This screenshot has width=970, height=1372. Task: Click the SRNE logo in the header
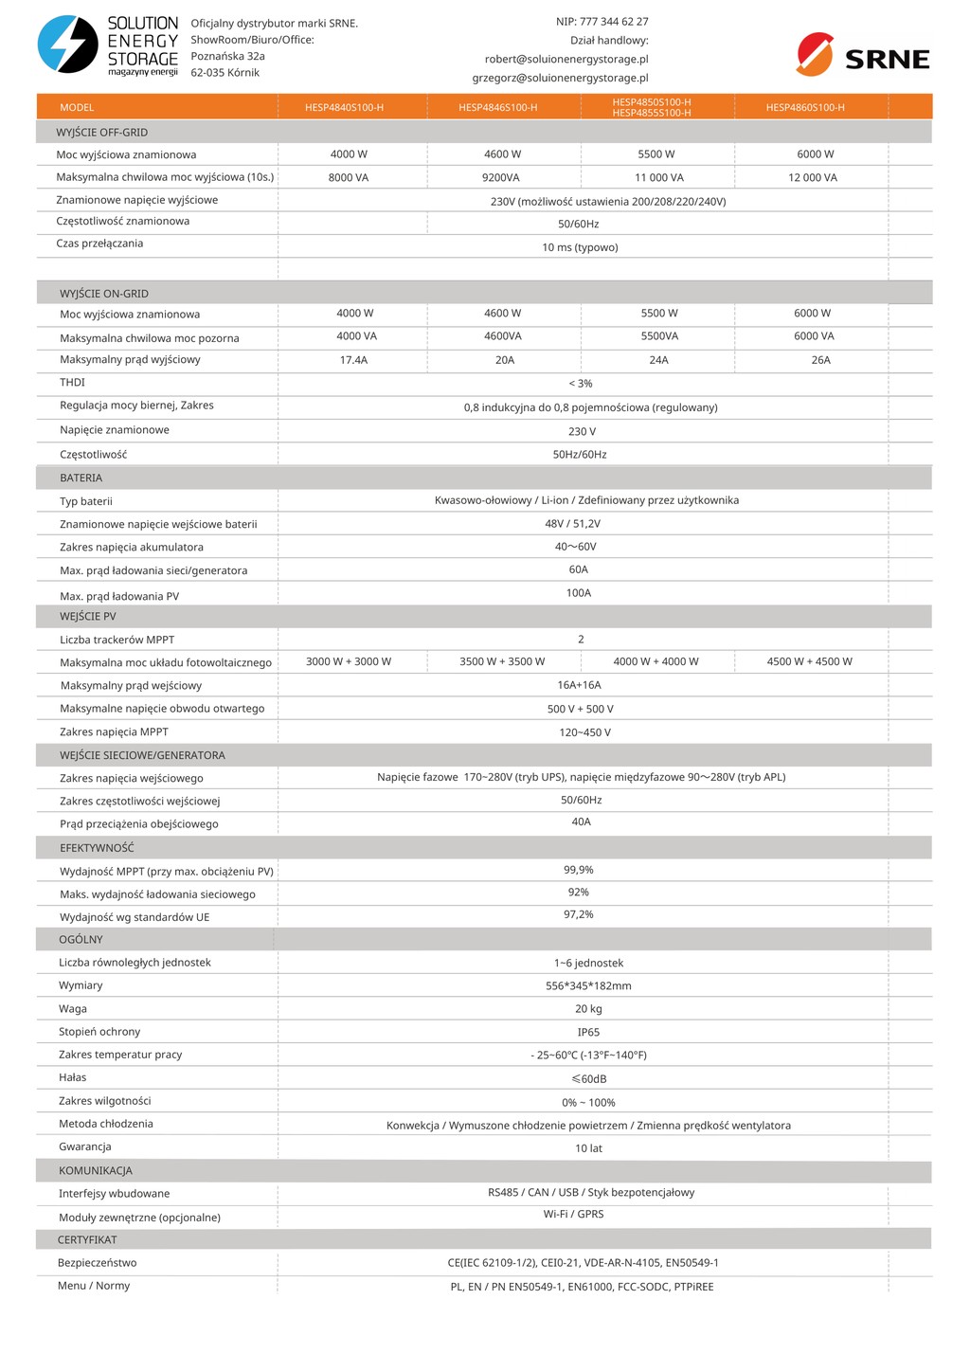click(863, 54)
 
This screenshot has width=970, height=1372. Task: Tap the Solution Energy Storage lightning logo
click(67, 45)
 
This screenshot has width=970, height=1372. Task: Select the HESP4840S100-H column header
click(344, 108)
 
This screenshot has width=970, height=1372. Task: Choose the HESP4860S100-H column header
click(805, 108)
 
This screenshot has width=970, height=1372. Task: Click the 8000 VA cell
click(349, 178)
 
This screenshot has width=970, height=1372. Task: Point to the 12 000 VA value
click(813, 178)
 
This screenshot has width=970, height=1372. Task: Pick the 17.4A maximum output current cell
click(353, 360)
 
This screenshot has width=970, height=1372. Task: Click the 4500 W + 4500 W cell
click(809, 661)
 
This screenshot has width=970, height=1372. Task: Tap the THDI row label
click(72, 383)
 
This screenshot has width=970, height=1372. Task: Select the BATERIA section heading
click(81, 478)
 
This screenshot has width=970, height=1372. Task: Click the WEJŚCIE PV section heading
click(87, 617)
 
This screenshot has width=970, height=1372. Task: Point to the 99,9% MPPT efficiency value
click(579, 870)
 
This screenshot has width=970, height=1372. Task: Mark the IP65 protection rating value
click(588, 1033)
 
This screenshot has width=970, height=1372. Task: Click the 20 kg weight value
click(588, 1009)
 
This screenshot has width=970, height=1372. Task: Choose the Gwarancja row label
click(85, 1147)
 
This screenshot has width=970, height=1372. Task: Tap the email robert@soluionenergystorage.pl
click(566, 59)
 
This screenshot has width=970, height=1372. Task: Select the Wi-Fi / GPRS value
click(573, 1215)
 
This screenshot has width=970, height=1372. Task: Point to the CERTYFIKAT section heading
click(87, 1240)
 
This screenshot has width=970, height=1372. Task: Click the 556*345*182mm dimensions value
click(588, 986)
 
